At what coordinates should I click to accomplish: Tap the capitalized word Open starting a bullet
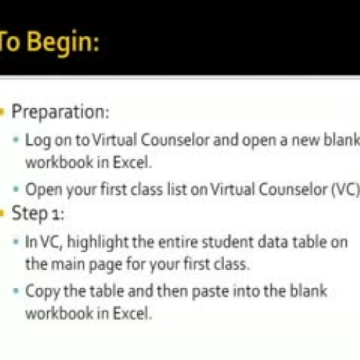point(40,191)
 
